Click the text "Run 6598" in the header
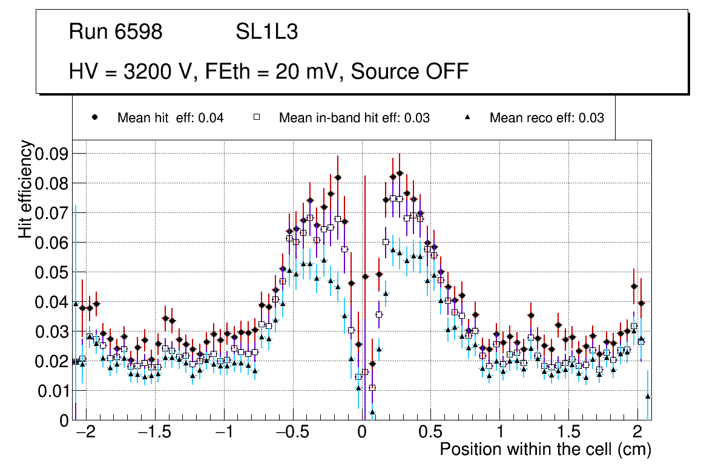pos(116,32)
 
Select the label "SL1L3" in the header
pos(266,32)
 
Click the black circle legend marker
pos(95,117)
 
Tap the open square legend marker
pos(256,117)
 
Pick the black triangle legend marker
pos(467,117)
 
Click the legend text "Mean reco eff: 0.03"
pos(547,118)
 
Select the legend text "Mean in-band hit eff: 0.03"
pos(354,118)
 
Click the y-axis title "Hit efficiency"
pos(25,189)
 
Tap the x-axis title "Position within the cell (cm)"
pos(545,449)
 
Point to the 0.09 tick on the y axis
pos(51,154)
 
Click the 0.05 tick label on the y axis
pos(51,272)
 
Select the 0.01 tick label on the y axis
pos(51,391)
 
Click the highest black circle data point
pos(400,173)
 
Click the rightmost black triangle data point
pos(648,396)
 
